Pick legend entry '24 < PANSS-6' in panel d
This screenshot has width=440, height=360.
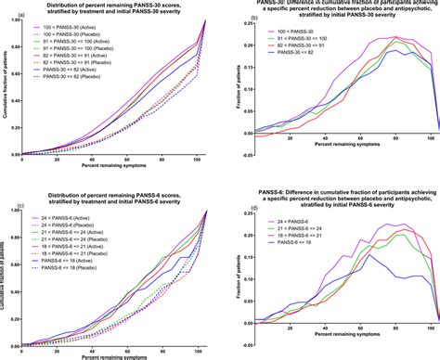click(x=299, y=222)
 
